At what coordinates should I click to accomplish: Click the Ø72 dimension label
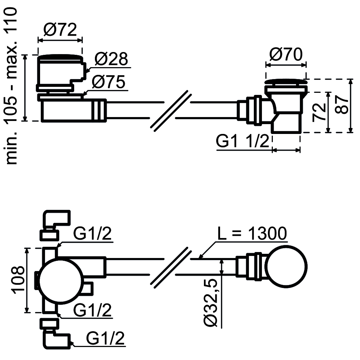pyautogui.click(x=60, y=30)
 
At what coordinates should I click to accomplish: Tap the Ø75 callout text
pyautogui.click(x=108, y=82)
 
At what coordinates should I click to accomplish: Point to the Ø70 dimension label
pyautogui.click(x=286, y=55)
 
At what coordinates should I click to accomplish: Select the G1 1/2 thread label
pyautogui.click(x=242, y=142)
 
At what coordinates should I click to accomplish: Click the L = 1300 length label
pyautogui.click(x=251, y=234)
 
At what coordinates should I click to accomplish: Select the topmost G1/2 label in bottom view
pyautogui.click(x=92, y=234)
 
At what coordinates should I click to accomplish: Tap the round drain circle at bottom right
pyautogui.click(x=287, y=266)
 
